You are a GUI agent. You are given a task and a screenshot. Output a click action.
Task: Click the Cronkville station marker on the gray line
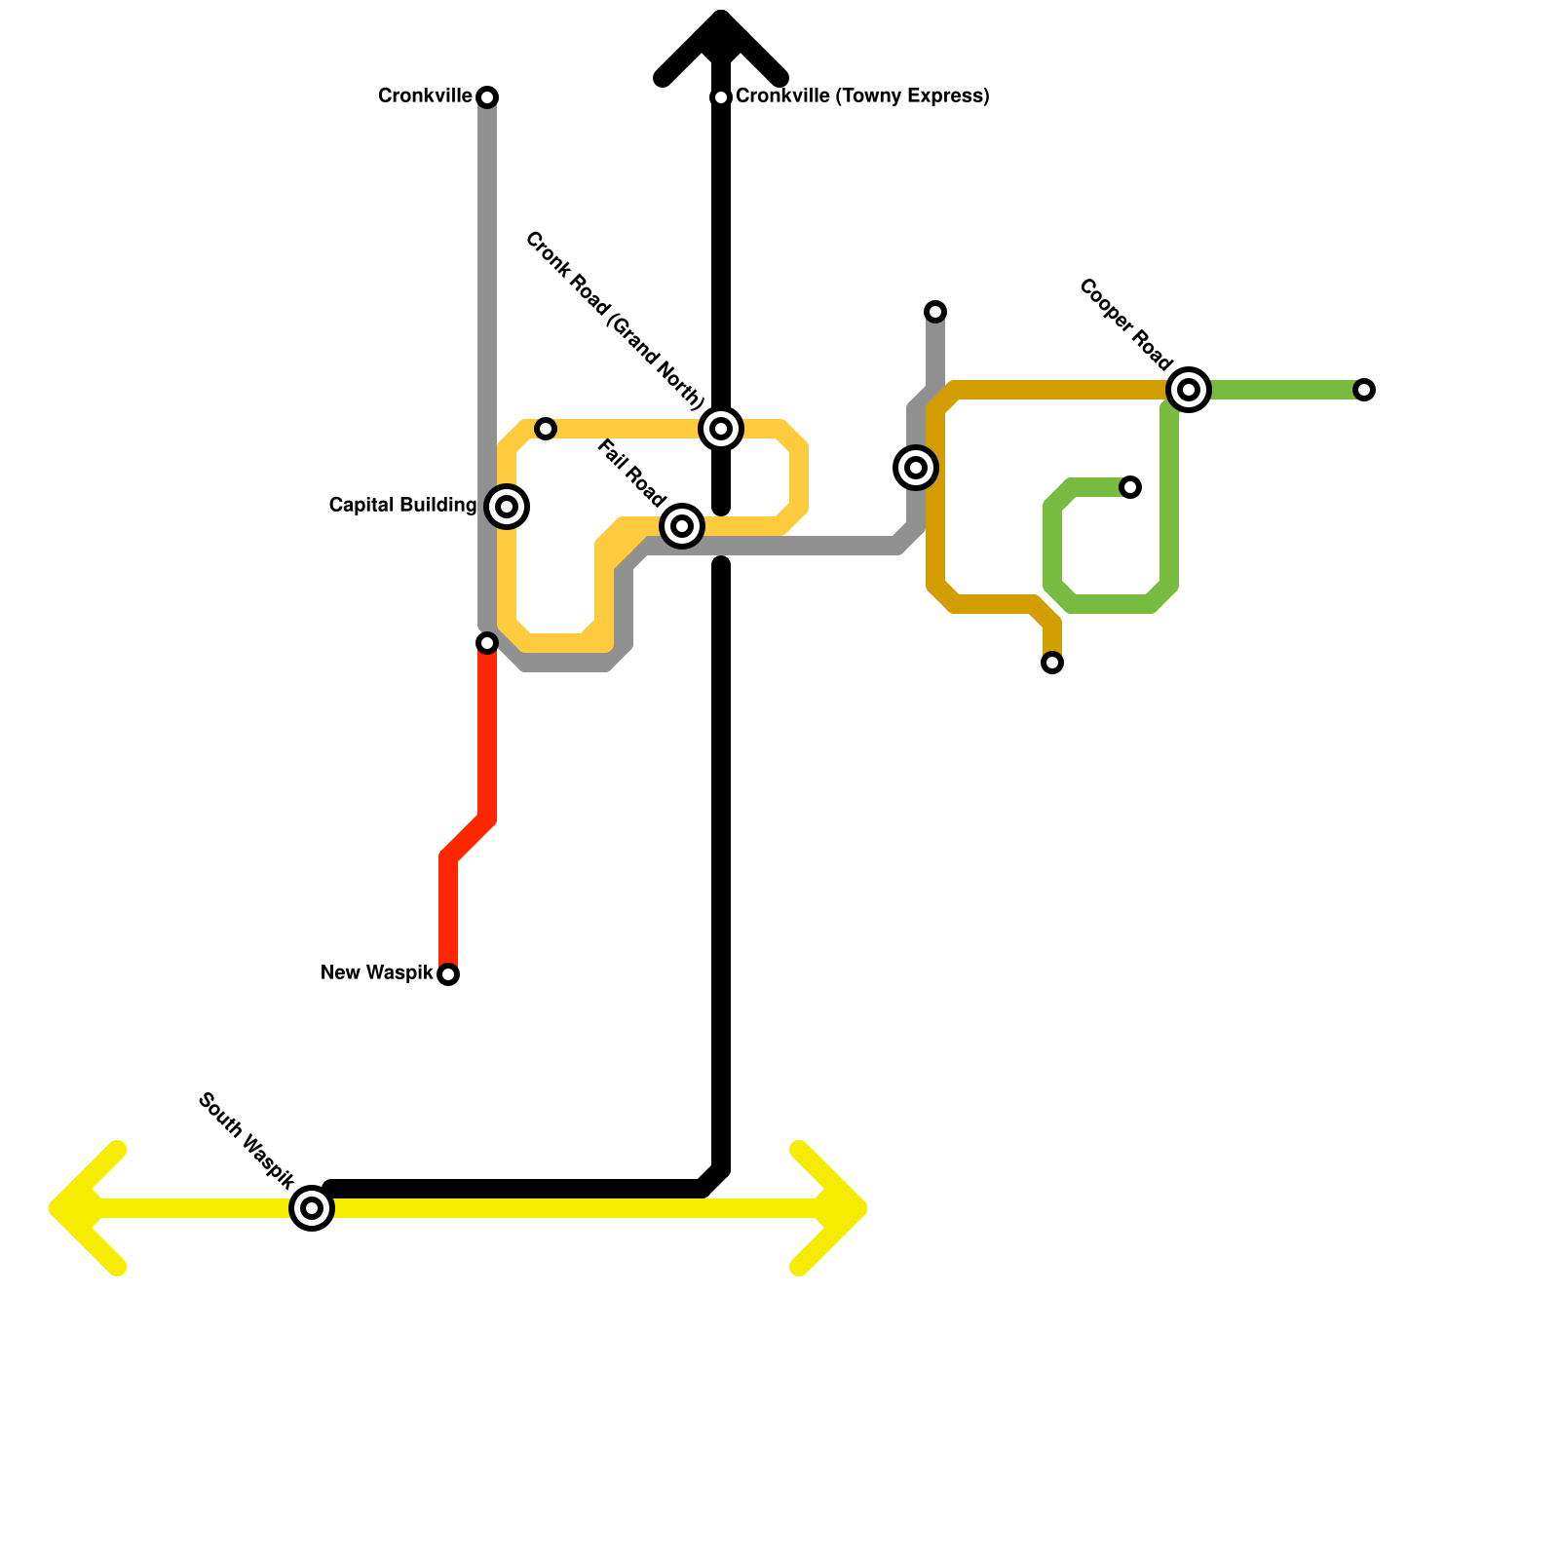point(488,97)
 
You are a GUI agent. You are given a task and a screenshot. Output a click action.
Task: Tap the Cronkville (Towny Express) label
point(861,96)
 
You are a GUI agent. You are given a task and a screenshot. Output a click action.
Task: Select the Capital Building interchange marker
point(507,507)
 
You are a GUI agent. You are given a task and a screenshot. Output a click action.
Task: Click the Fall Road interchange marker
point(682,526)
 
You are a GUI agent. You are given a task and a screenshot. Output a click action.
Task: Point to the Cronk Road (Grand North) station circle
point(721,429)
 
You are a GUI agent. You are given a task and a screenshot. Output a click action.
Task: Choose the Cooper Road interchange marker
point(1189,390)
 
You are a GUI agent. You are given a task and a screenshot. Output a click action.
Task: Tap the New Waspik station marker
point(448,974)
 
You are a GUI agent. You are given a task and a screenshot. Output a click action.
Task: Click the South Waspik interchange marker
point(312,1208)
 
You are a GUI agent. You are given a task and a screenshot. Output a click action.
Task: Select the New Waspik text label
point(376,973)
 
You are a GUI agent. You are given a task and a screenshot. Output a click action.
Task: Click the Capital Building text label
point(402,506)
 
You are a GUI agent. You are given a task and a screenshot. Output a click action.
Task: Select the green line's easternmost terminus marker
point(1364,390)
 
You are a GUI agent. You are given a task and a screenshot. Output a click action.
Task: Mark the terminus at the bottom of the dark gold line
point(1052,664)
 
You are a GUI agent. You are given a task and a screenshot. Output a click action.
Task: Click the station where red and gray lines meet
point(487,643)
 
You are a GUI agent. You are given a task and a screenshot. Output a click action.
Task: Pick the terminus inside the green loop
point(1130,487)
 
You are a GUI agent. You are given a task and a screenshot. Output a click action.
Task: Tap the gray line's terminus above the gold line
point(935,312)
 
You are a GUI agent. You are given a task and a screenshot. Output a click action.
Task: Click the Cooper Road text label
point(1126,325)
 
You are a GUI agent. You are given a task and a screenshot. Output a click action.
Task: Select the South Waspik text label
point(246,1142)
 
